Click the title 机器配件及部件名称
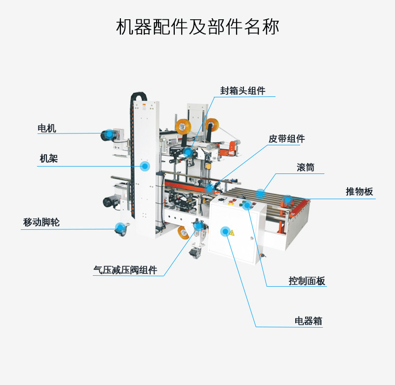[197, 27]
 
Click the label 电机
[47, 128]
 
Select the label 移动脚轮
[41, 222]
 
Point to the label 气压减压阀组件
[125, 270]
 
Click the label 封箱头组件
[243, 90]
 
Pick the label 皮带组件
[286, 139]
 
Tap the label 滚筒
[306, 168]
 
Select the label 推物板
[359, 192]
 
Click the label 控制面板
[307, 281]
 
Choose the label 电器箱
[309, 321]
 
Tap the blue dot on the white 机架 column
[145, 166]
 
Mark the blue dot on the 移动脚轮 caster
[119, 228]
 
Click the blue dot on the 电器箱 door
[226, 231]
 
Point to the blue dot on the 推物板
[287, 199]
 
